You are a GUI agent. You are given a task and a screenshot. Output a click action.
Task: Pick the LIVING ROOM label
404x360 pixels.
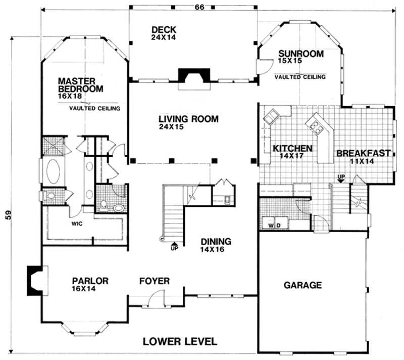click(188, 119)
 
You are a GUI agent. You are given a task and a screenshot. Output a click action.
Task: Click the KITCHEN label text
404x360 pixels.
click(292, 149)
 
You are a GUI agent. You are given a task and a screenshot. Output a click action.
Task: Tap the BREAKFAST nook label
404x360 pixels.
click(363, 153)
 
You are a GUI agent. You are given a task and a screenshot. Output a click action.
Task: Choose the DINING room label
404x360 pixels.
click(216, 241)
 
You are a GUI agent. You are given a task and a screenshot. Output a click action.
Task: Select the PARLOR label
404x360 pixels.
click(90, 281)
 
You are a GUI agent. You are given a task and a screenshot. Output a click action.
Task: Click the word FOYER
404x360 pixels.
click(155, 281)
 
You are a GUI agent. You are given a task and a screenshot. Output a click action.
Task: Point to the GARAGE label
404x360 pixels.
click(302, 285)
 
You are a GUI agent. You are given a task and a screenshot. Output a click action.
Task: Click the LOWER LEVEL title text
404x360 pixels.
click(180, 341)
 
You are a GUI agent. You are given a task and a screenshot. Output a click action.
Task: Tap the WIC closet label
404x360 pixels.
click(77, 222)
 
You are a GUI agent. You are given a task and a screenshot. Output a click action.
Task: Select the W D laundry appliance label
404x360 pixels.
click(275, 224)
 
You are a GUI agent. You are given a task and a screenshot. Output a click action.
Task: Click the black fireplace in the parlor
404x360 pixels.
click(34, 281)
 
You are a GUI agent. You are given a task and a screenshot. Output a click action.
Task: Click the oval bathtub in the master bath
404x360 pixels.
click(54, 171)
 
